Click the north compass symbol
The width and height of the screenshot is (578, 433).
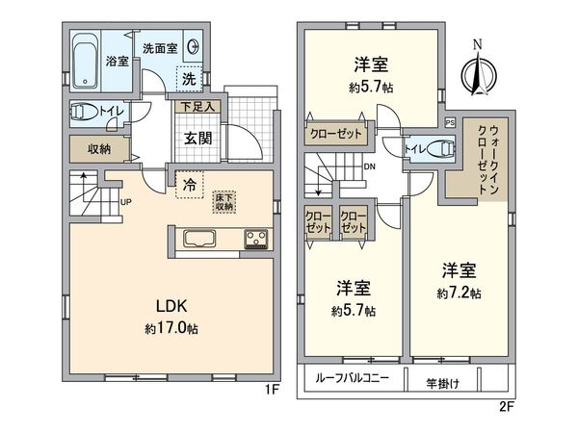(476, 67)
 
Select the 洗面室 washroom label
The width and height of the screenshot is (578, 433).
(161, 47)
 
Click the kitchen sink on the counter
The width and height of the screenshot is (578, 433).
(198, 240)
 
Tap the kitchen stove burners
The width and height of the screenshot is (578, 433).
(255, 240)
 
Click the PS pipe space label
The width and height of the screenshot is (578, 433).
(451, 122)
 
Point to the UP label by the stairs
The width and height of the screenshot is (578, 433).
(126, 201)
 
